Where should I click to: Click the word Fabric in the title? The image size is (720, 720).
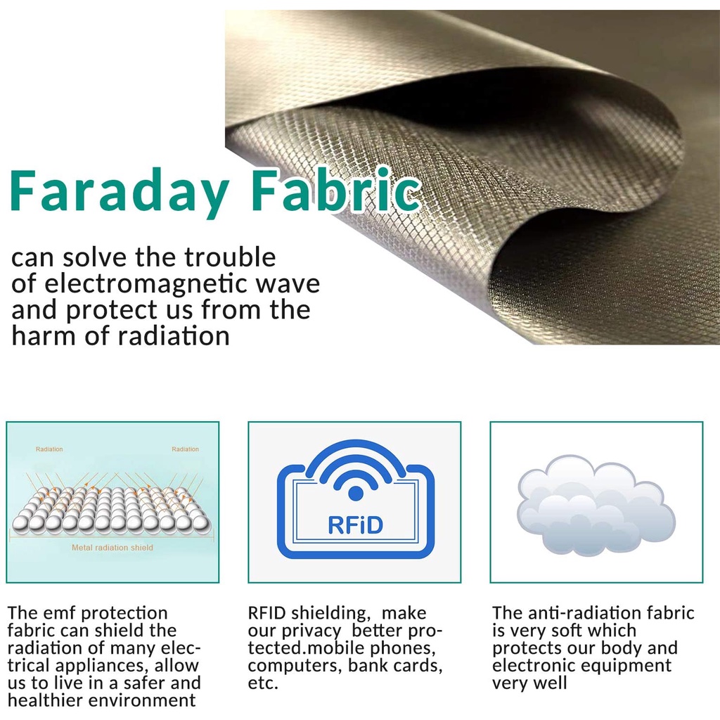pyautogui.click(x=336, y=189)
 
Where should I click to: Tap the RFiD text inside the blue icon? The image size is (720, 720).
pyautogui.click(x=355, y=525)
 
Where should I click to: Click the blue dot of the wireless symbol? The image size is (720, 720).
pyautogui.click(x=356, y=494)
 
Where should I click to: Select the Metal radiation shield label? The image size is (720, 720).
pyautogui.click(x=112, y=547)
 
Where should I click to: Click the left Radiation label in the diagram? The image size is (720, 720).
pyautogui.click(x=49, y=449)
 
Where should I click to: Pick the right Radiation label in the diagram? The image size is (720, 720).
pyautogui.click(x=185, y=449)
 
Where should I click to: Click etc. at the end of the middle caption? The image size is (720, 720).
pyautogui.click(x=263, y=683)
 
